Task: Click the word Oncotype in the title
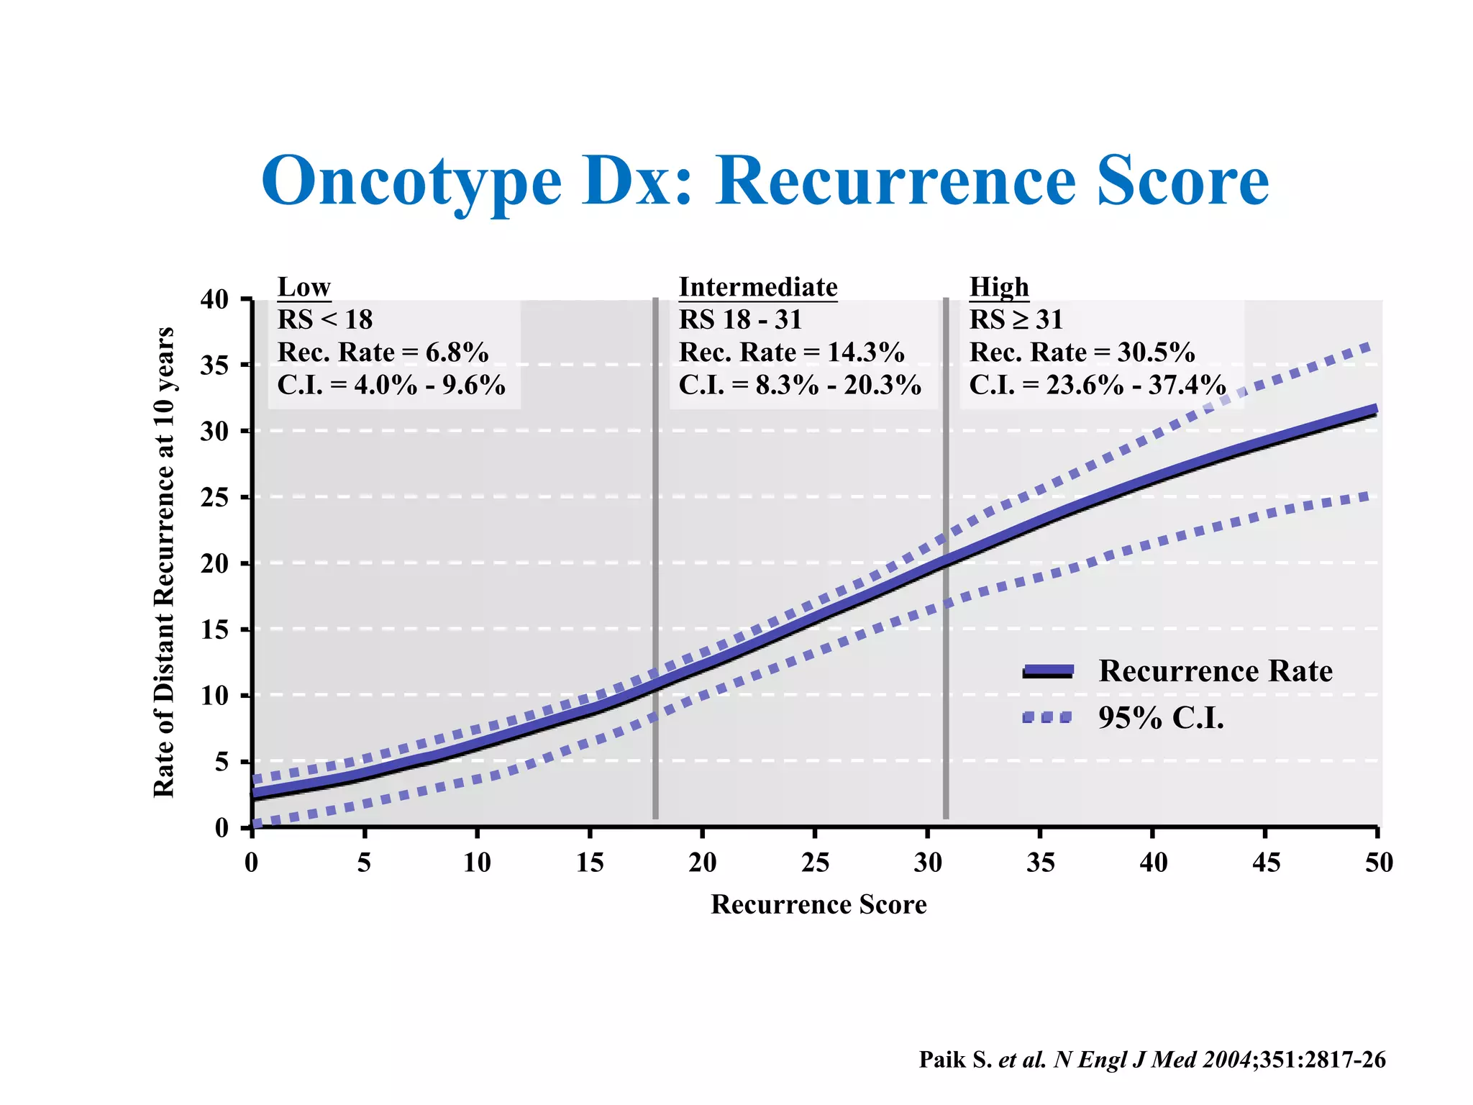tap(411, 181)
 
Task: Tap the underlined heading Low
tap(304, 287)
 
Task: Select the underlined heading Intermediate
tap(758, 287)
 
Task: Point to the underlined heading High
tap(999, 287)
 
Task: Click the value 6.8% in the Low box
tap(457, 353)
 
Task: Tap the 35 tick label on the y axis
tap(214, 365)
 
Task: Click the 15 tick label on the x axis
tap(590, 862)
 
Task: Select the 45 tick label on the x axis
tap(1266, 862)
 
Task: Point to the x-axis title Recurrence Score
tap(818, 904)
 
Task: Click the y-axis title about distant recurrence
tap(165, 562)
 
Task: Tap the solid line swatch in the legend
tap(1048, 671)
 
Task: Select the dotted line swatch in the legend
tap(1048, 717)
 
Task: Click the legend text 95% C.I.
tap(1161, 717)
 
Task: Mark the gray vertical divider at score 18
tap(655, 561)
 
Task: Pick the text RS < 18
tap(325, 319)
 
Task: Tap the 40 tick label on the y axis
tap(214, 299)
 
